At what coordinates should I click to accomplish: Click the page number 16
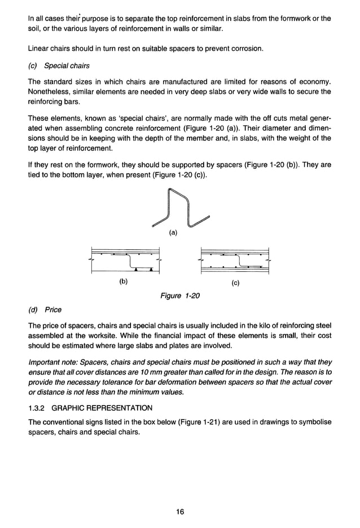click(179, 512)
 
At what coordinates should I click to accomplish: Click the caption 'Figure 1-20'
click(180, 296)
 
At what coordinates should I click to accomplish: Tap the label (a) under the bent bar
click(173, 232)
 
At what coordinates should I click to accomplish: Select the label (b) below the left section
click(124, 280)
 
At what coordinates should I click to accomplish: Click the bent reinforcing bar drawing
click(179, 208)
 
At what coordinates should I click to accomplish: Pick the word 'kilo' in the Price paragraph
click(251, 326)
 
